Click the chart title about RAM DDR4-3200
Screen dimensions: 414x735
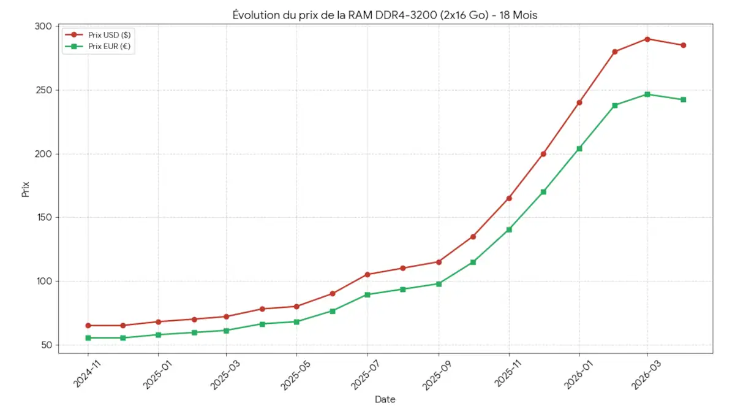pyautogui.click(x=385, y=15)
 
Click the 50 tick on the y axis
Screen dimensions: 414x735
pyautogui.click(x=46, y=345)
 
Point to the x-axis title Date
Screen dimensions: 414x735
pyautogui.click(x=385, y=400)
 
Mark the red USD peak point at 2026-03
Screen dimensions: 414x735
pyautogui.click(x=647, y=39)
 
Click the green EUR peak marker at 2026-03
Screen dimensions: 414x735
pyautogui.click(x=647, y=94)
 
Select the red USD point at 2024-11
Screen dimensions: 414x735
pyautogui.click(x=88, y=326)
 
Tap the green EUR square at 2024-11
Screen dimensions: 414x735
pyautogui.click(x=88, y=338)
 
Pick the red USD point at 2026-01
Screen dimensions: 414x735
pyautogui.click(x=579, y=102)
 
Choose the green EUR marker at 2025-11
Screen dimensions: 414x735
pyautogui.click(x=509, y=229)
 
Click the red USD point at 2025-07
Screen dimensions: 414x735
pyautogui.click(x=367, y=275)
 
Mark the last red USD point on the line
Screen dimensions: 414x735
pyautogui.click(x=684, y=45)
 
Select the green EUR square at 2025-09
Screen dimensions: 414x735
pyautogui.click(x=439, y=284)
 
